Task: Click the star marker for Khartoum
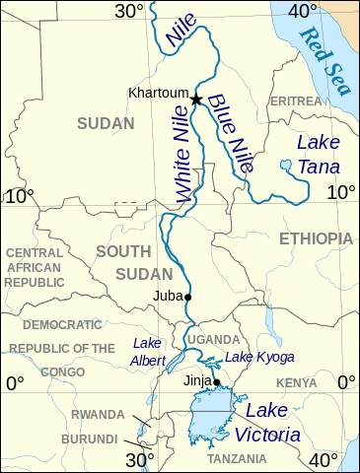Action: (x=196, y=100)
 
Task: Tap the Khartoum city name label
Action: (x=157, y=94)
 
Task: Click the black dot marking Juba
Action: (x=188, y=297)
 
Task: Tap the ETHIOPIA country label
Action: (x=316, y=238)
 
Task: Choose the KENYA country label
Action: (x=296, y=382)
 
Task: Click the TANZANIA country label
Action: (x=237, y=459)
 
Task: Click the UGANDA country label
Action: (x=213, y=339)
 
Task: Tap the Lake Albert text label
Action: (x=148, y=351)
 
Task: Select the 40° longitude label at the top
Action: (x=301, y=12)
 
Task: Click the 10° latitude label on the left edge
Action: (x=17, y=196)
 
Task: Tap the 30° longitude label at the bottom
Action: (x=140, y=459)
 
